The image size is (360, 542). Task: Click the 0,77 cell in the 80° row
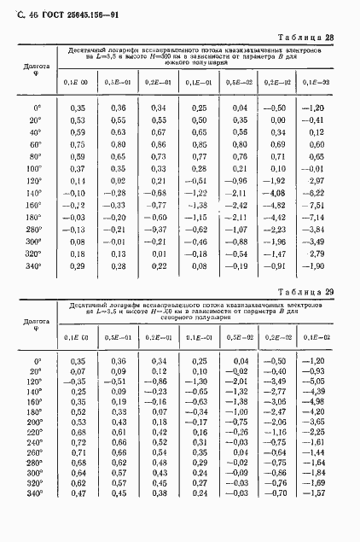click(x=200, y=157)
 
